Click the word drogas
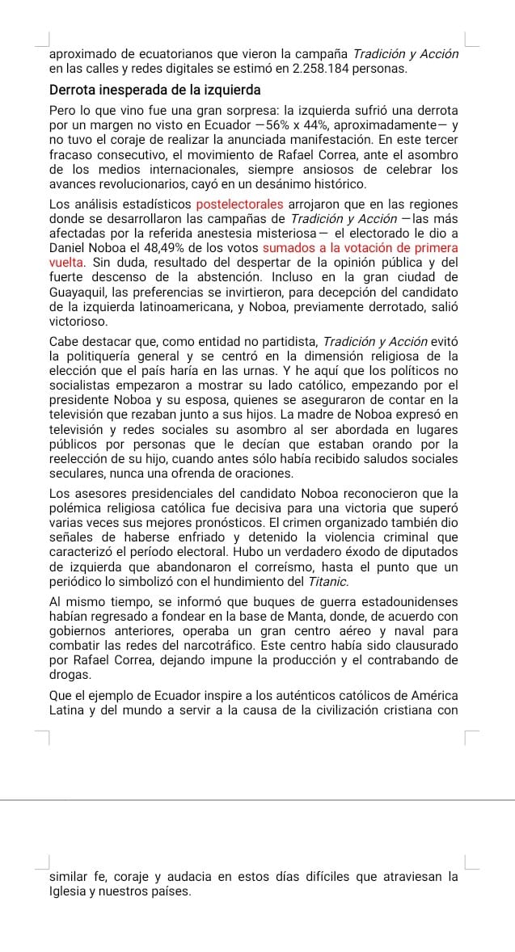coord(70,674)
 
